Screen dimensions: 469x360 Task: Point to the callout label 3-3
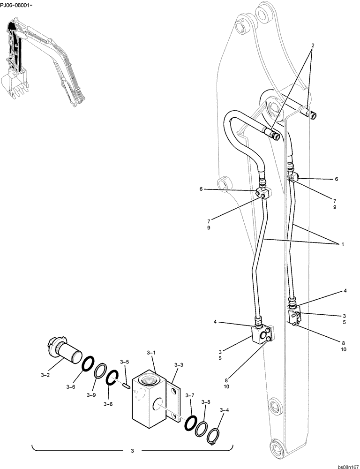(x=179, y=364)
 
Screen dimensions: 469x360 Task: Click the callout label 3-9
(x=90, y=395)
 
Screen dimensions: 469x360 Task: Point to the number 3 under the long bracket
(x=132, y=451)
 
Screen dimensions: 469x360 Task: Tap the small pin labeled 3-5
(x=126, y=385)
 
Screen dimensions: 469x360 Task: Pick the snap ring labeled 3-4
(x=215, y=433)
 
